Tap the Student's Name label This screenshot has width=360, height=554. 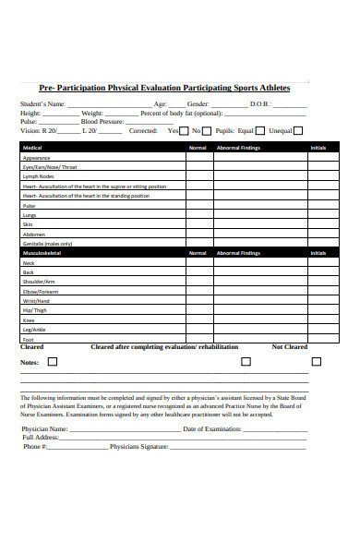(42, 104)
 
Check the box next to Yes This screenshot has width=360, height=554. (186, 131)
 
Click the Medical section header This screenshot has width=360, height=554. (32, 148)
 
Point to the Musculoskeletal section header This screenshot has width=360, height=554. (42, 252)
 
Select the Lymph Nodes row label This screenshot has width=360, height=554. (39, 176)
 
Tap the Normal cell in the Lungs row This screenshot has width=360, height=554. (198, 214)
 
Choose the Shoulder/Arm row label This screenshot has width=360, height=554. (39, 282)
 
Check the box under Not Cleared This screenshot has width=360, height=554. (317, 361)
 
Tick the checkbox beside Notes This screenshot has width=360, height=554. (52, 362)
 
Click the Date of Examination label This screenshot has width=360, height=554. (212, 428)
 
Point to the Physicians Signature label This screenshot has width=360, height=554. (138, 447)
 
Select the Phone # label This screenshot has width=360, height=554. (35, 447)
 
